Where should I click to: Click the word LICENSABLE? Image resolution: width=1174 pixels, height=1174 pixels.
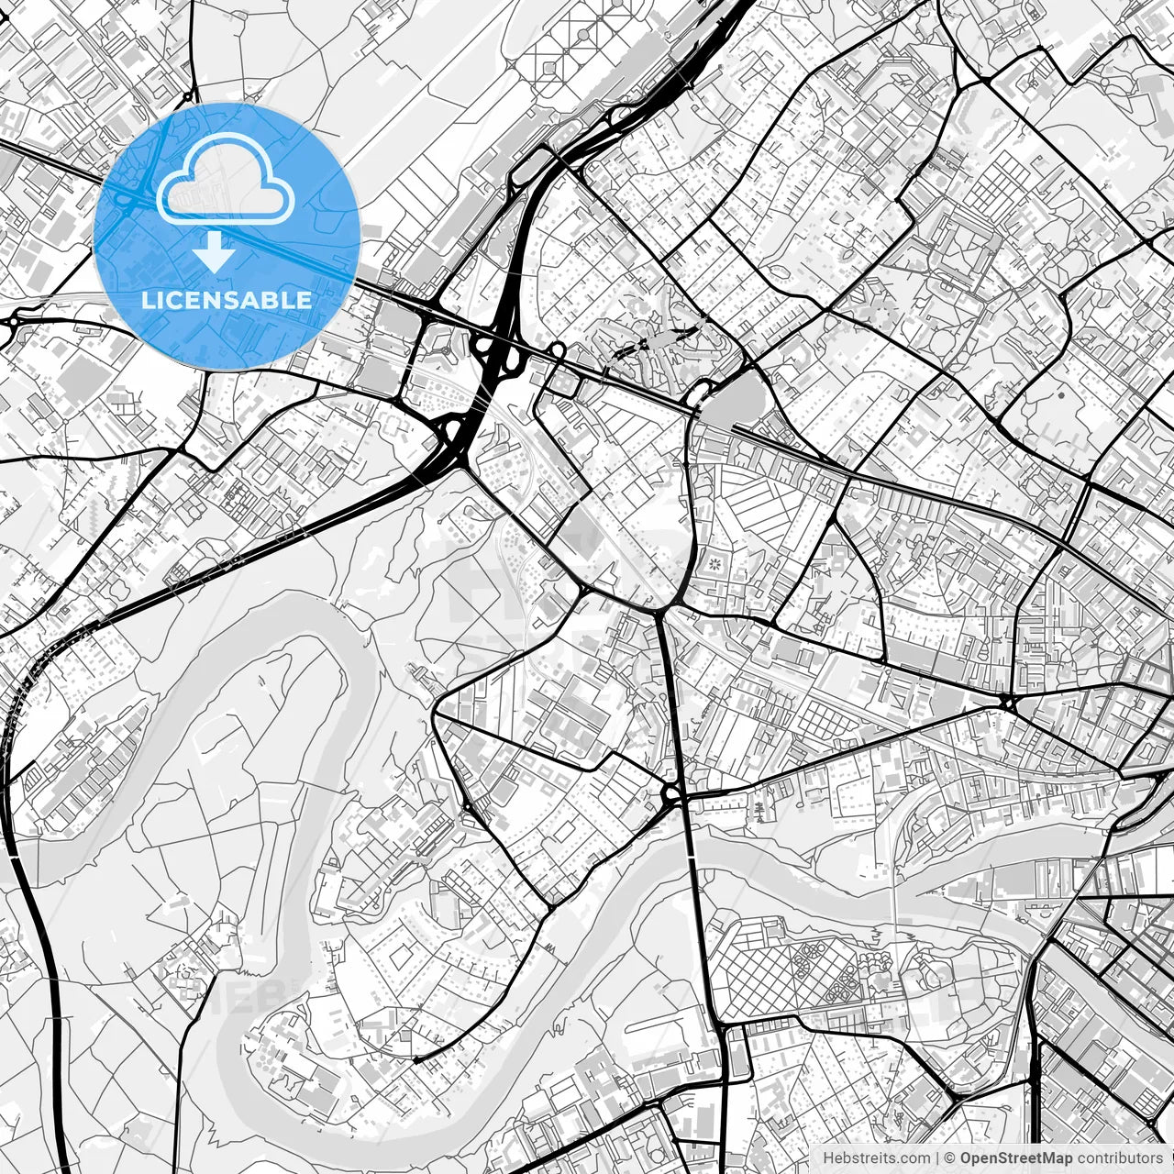click(x=227, y=300)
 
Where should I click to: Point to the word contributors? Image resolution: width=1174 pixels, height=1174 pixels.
click(x=1120, y=1158)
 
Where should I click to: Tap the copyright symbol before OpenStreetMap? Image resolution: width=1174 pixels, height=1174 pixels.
click(x=951, y=1158)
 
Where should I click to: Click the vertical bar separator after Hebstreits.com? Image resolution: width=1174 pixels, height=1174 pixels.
click(x=937, y=1158)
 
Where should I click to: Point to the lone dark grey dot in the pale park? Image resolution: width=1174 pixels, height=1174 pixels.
click(x=1060, y=395)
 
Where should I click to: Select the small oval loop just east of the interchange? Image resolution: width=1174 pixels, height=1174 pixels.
click(x=558, y=349)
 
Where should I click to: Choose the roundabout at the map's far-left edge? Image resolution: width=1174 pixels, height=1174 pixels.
click(x=15, y=322)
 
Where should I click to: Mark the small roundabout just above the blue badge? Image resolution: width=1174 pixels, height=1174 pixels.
click(x=188, y=96)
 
